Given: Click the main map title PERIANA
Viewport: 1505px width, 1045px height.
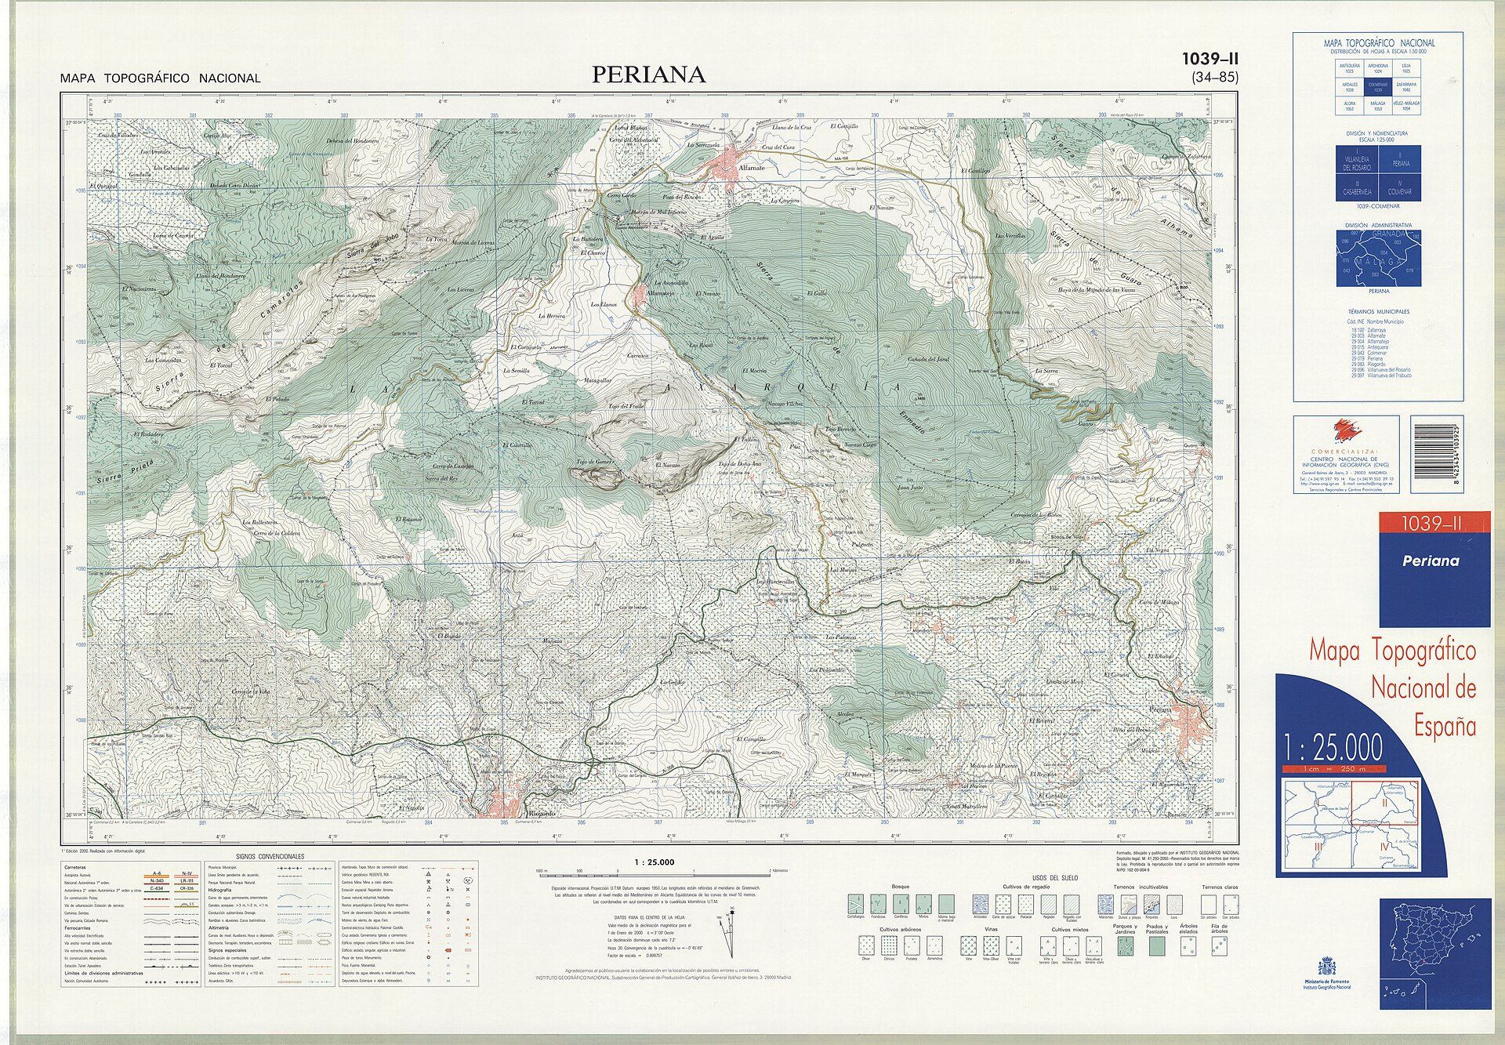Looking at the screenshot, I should coord(648,74).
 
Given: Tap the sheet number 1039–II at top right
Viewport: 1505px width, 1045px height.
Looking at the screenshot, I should coord(1209,59).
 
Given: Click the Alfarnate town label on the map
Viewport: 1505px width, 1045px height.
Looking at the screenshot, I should coord(751,168).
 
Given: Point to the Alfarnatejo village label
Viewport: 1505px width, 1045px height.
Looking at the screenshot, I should coord(658,293).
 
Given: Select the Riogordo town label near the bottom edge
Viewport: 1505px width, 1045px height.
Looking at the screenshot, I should coord(542,814).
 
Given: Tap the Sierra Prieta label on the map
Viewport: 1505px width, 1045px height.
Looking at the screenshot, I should coord(125,471).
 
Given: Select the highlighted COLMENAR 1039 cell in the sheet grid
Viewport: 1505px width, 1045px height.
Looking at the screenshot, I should coord(1377,86).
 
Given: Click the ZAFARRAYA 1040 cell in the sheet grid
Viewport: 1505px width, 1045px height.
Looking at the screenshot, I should coord(1405,86).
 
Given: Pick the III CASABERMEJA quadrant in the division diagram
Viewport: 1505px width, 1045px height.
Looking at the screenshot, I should coord(1357,187).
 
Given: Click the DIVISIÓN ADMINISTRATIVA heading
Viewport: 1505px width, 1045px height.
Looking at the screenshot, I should coord(1379,225).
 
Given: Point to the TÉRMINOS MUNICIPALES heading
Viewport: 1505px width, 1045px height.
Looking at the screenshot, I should coord(1378,311).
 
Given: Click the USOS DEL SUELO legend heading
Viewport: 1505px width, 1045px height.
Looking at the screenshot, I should coord(1054,877).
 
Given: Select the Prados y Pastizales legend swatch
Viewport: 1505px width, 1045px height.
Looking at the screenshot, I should coord(1156,946).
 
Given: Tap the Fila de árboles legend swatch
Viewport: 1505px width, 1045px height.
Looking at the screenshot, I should coord(1219,947).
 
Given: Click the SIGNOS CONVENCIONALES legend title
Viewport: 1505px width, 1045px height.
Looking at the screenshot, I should coord(270,856).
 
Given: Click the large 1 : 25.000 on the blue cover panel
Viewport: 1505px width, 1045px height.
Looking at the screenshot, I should coord(1333,748).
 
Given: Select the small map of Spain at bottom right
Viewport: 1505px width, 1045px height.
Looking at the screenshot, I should coord(1434,952).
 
